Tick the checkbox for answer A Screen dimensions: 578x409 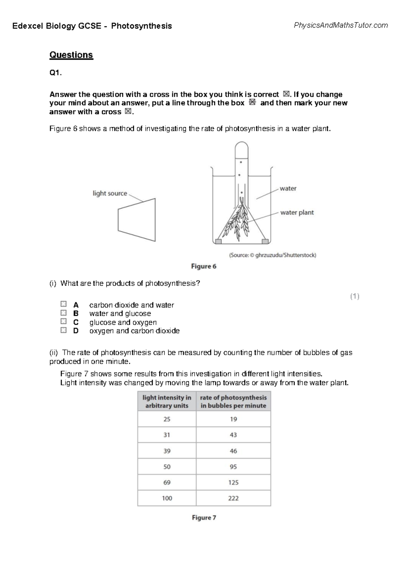click(x=63, y=304)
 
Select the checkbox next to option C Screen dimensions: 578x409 click(x=63, y=321)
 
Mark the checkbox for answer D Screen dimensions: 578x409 click(x=63, y=330)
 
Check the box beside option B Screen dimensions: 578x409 click(x=63, y=313)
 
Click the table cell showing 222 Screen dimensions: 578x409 click(x=233, y=498)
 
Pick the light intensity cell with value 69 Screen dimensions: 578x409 click(x=167, y=483)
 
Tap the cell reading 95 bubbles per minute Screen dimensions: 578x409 click(x=233, y=467)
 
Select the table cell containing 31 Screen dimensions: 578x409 click(x=167, y=435)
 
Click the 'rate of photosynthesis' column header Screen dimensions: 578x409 click(x=233, y=401)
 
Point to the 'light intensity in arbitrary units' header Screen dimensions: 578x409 click(x=167, y=401)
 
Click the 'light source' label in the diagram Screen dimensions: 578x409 click(x=110, y=194)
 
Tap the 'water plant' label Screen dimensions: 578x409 click(x=297, y=213)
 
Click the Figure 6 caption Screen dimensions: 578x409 click(x=204, y=267)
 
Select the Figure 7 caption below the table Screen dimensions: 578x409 click(x=204, y=518)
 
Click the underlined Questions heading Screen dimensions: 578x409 click(x=71, y=55)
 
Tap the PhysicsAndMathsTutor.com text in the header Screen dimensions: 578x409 click(x=341, y=25)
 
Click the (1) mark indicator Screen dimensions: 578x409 click(x=355, y=296)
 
